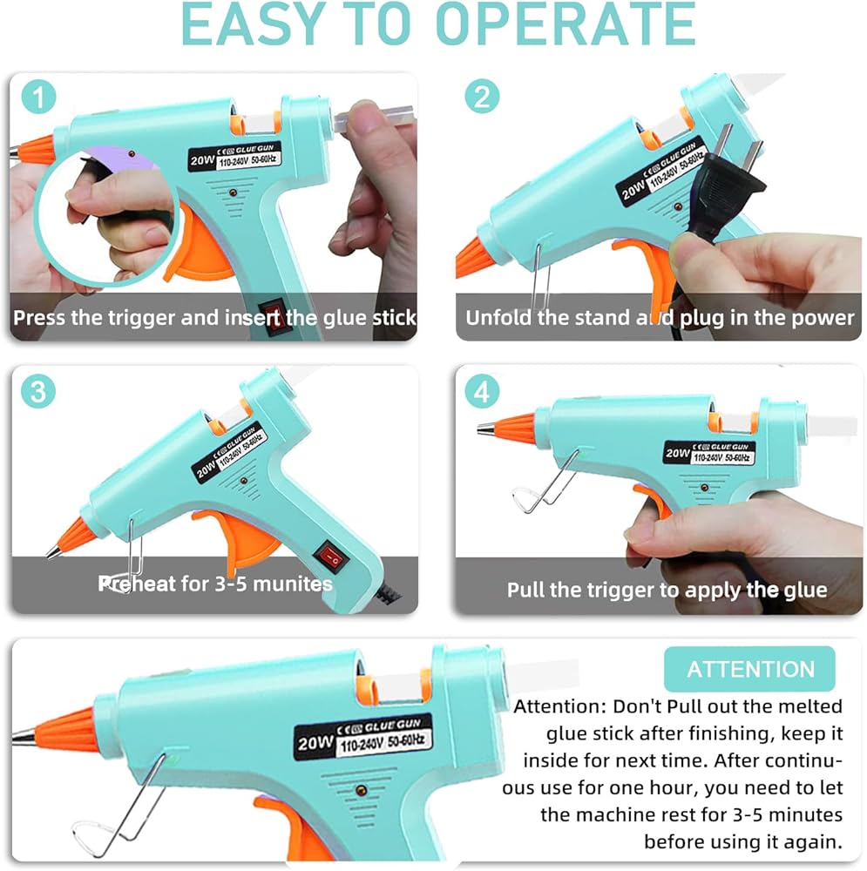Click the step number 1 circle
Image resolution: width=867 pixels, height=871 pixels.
(38, 97)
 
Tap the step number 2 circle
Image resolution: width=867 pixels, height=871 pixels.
(481, 97)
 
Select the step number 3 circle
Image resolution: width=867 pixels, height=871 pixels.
(38, 391)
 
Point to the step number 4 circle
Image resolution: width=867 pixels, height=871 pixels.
(481, 391)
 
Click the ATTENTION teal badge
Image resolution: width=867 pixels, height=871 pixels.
(749, 669)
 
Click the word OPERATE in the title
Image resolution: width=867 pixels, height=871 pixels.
(566, 24)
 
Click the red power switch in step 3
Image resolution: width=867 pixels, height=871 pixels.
(332, 556)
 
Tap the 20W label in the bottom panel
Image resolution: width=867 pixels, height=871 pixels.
(315, 743)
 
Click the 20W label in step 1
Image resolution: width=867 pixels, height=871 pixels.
(202, 160)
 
